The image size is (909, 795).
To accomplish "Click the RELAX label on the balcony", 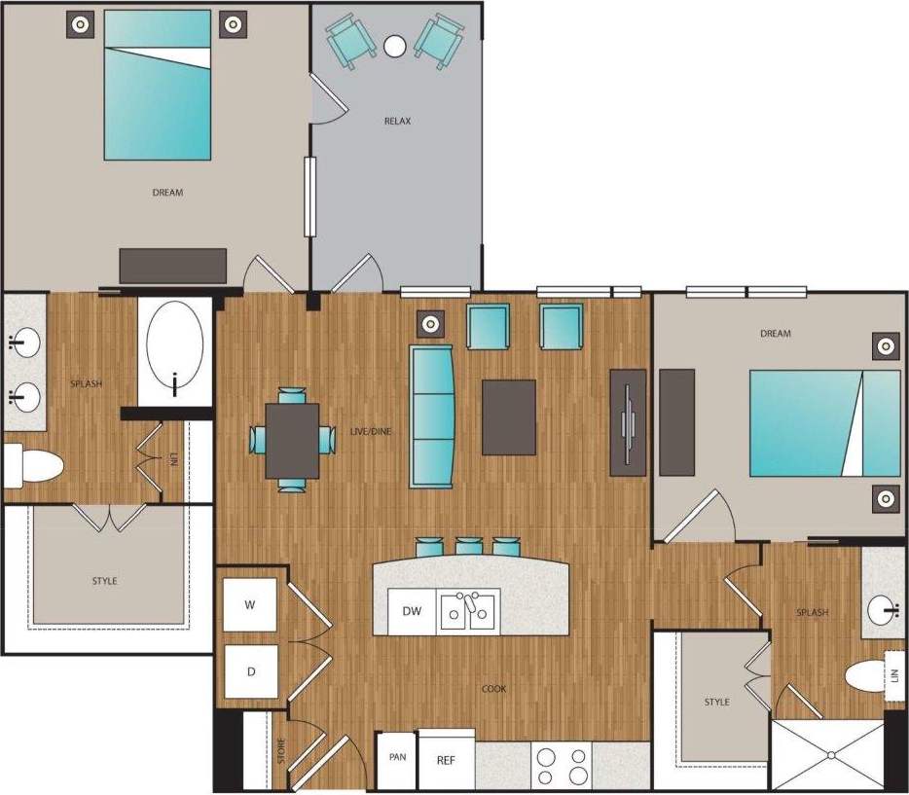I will pyautogui.click(x=397, y=122).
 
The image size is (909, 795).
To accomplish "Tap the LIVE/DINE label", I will pyautogui.click(x=371, y=431).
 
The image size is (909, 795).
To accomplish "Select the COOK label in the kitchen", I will pyautogui.click(x=493, y=689).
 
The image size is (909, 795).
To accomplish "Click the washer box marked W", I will pyautogui.click(x=250, y=605).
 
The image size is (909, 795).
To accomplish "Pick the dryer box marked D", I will pyautogui.click(x=250, y=671).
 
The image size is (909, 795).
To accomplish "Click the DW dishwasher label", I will pyautogui.click(x=412, y=612).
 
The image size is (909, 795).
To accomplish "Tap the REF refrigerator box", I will pyautogui.click(x=446, y=760).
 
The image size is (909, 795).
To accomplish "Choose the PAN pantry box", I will pyautogui.click(x=396, y=756).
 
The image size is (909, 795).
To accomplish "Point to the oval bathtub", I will pyautogui.click(x=175, y=349).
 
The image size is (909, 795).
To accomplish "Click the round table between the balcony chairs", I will pyautogui.click(x=394, y=46).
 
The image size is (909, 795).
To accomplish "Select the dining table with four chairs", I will pyautogui.click(x=292, y=441).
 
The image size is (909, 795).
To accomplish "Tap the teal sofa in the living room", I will pyautogui.click(x=433, y=416).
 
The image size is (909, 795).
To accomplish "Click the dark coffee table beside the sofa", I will pyautogui.click(x=509, y=416).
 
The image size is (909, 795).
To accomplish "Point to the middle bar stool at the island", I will pyautogui.click(x=469, y=547).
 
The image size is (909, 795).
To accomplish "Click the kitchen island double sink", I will pyautogui.click(x=469, y=612).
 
